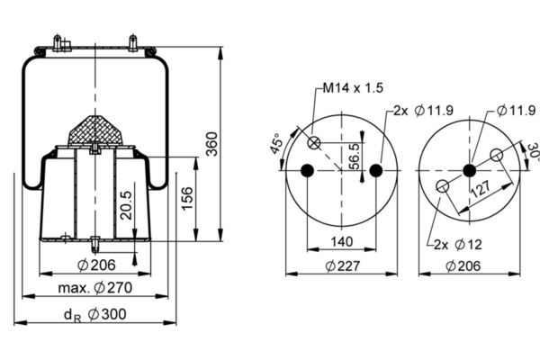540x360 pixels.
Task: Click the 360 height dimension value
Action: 212,141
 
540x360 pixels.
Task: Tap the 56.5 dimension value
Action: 354,155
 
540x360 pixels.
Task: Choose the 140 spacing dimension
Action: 341,241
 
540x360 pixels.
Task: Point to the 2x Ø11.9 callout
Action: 418,111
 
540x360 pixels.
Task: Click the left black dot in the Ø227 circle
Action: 308,170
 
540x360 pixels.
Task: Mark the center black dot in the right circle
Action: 468,170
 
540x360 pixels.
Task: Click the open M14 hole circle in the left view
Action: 314,143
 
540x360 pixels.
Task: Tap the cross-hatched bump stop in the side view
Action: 96,130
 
